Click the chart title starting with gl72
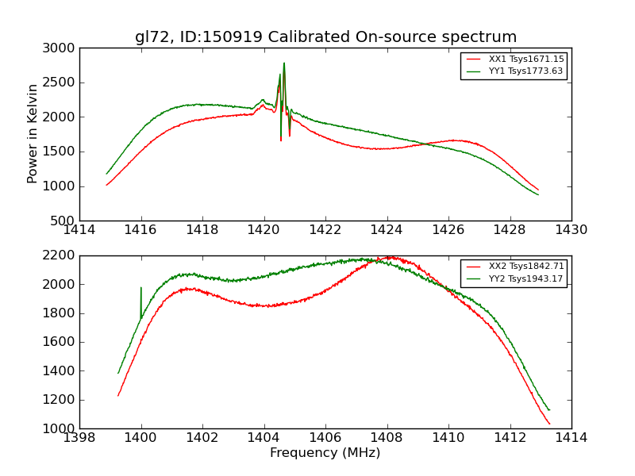pyautogui.click(x=325, y=37)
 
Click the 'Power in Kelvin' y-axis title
pyautogui.click(x=33, y=133)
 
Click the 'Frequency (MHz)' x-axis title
pyautogui.click(x=325, y=453)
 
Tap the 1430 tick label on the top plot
pyautogui.click(x=571, y=229)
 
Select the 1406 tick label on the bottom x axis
pyautogui.click(x=325, y=437)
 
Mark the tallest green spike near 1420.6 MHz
pyautogui.click(x=284, y=63)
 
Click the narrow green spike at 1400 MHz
pyautogui.click(x=141, y=288)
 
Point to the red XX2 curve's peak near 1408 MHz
pyautogui.click(x=388, y=257)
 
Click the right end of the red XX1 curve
pyautogui.click(x=538, y=190)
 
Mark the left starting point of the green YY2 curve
pyautogui.click(x=118, y=373)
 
